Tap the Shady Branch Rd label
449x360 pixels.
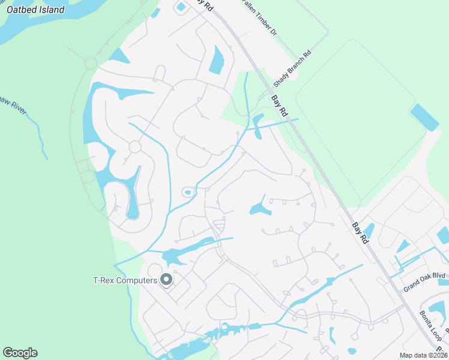[292, 67]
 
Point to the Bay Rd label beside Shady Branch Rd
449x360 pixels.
[280, 106]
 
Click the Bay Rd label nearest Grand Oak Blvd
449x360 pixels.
[360, 233]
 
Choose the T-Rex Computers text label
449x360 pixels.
[124, 280]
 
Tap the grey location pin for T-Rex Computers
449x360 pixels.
[166, 280]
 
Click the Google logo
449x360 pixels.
[20, 353]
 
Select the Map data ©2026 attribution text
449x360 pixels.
[423, 355]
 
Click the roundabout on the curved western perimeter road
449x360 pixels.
[91, 62]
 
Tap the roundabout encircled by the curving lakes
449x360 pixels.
[134, 146]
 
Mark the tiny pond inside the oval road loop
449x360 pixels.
[188, 193]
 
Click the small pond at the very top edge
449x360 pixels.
[181, 7]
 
